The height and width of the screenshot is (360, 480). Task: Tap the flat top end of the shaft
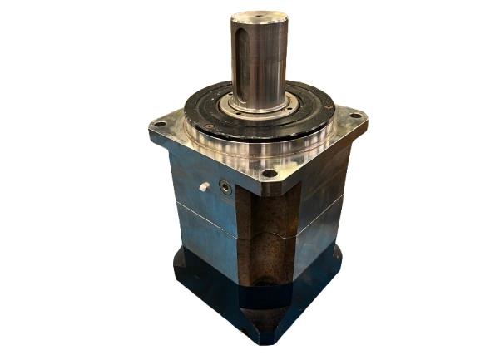260,17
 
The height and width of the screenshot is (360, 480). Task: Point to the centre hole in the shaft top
260,17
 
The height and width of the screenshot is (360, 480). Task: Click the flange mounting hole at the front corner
268,174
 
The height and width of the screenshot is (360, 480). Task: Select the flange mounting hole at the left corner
160,125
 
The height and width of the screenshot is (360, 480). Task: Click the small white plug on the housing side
202,187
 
